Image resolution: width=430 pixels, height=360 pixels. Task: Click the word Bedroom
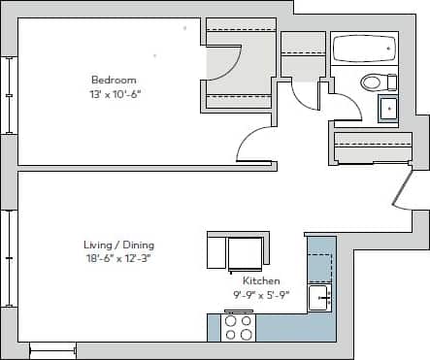pyautogui.click(x=114, y=80)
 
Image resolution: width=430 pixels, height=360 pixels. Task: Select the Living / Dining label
pyautogui.click(x=118, y=245)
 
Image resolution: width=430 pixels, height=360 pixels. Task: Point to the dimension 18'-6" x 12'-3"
pyautogui.click(x=118, y=258)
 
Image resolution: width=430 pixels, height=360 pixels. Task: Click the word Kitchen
pyautogui.click(x=261, y=280)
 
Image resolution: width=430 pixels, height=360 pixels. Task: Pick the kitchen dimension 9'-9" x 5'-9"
pyautogui.click(x=261, y=293)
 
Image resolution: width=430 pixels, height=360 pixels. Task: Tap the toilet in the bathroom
pyautogui.click(x=370, y=82)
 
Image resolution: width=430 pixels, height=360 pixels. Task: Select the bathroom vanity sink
pyautogui.click(x=387, y=108)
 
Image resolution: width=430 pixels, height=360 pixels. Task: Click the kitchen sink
pyautogui.click(x=319, y=297)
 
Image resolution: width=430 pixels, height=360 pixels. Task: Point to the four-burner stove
pyautogui.click(x=239, y=327)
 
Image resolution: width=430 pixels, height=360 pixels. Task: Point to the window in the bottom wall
pyautogui.click(x=53, y=349)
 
